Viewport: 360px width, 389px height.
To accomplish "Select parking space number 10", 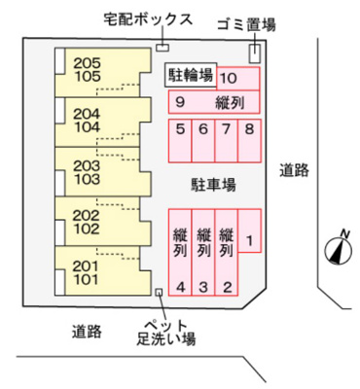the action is click(228, 79).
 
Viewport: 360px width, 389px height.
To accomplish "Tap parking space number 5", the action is click(180, 128).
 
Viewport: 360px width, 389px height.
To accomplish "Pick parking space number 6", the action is click(203, 128).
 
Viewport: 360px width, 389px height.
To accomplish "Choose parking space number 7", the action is click(227, 128).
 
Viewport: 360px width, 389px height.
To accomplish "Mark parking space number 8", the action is click(249, 128).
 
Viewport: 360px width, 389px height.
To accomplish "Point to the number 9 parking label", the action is click(180, 101).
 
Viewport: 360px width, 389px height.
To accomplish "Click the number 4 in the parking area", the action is click(180, 286).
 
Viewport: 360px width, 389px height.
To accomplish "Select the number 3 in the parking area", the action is click(203, 286).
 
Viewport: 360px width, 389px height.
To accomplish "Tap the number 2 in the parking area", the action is click(227, 286).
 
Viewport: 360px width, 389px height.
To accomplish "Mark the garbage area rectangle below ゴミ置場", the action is click(255, 53).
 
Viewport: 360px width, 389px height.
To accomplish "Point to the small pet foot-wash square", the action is click(159, 291).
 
